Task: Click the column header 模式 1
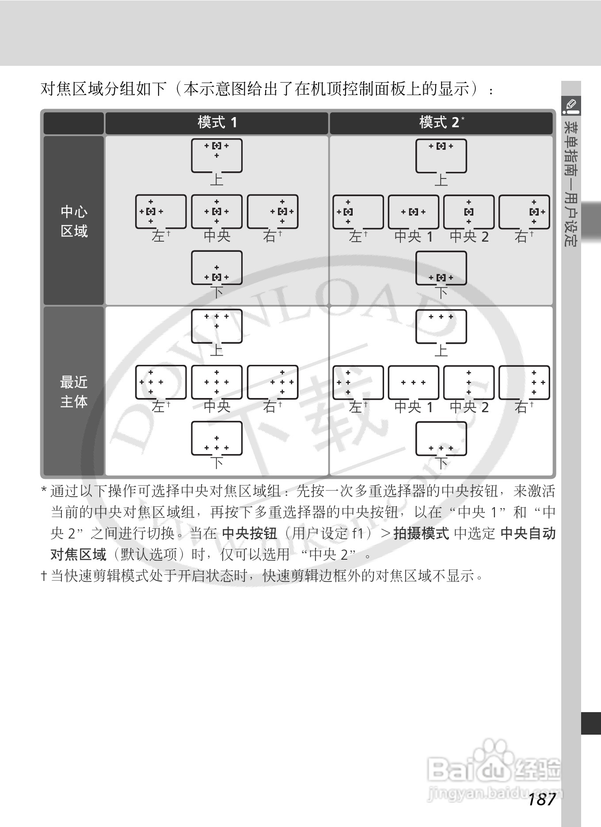pyautogui.click(x=217, y=122)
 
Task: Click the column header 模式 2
pyautogui.click(x=440, y=122)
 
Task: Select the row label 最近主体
pyautogui.click(x=74, y=391)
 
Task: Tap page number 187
pyautogui.click(x=542, y=799)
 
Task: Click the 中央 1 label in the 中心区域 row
pyautogui.click(x=413, y=237)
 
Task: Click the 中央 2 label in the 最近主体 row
pyautogui.click(x=469, y=407)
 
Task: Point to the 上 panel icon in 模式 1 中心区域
pyautogui.click(x=217, y=156)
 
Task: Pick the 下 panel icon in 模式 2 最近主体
pyautogui.click(x=441, y=439)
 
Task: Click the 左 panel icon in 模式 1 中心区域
pyautogui.click(x=161, y=212)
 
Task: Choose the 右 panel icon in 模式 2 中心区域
pyautogui.click(x=524, y=212)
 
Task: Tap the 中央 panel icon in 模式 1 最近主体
pyautogui.click(x=217, y=382)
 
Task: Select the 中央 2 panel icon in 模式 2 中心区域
pyautogui.click(x=469, y=212)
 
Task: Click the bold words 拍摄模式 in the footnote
pyautogui.click(x=421, y=534)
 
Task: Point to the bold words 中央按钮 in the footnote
pyautogui.click(x=249, y=534)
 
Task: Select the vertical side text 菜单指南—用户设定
pyautogui.click(x=571, y=183)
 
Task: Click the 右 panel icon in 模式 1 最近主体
pyautogui.click(x=273, y=382)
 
